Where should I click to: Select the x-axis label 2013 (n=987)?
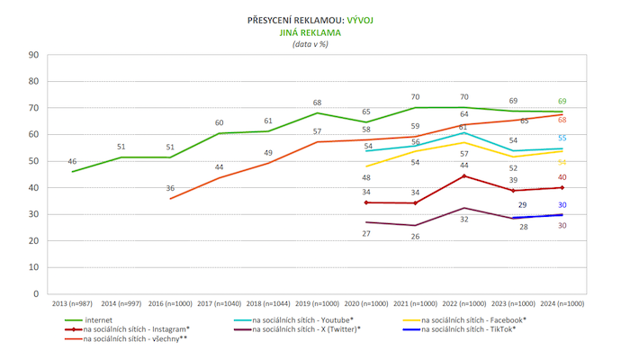(x=71, y=303)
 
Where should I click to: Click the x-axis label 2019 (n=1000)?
(x=318, y=303)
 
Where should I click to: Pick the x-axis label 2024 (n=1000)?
(x=563, y=303)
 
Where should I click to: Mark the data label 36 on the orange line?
(x=170, y=187)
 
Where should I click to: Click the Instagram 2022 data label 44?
(x=464, y=166)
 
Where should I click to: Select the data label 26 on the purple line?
(x=416, y=237)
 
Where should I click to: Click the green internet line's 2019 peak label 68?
(x=318, y=103)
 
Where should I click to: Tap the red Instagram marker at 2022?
(x=464, y=176)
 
